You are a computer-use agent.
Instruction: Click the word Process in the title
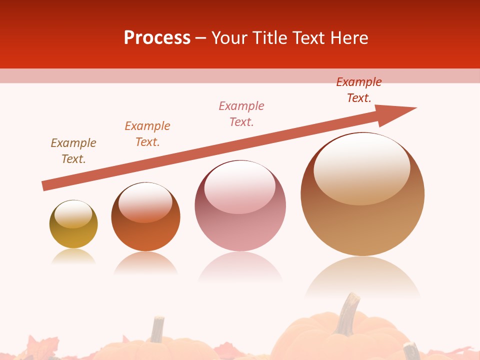157,38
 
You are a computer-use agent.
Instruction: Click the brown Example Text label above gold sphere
73,151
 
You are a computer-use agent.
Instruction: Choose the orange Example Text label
147,134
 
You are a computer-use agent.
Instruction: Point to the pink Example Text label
241,114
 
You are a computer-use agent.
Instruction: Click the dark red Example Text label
359,90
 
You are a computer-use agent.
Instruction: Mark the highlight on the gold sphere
73,214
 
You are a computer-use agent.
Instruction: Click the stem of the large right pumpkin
347,313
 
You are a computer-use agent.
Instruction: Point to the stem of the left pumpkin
157,329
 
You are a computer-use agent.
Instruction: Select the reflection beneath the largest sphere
362,278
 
